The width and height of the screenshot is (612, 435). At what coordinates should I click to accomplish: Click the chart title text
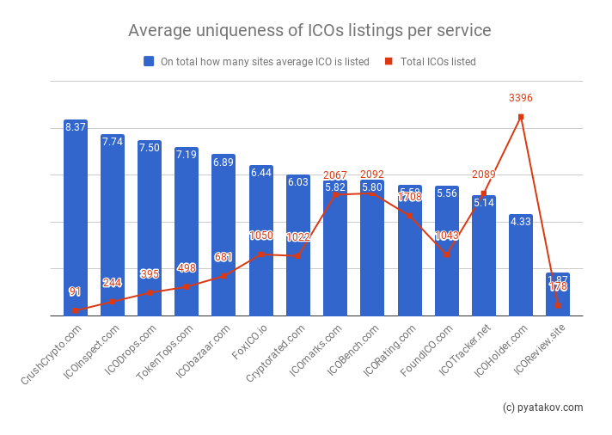pyautogui.click(x=309, y=31)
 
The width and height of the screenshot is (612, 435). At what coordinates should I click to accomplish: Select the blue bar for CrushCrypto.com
pyautogui.click(x=76, y=224)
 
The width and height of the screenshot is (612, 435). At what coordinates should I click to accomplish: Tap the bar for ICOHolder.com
pyautogui.click(x=520, y=267)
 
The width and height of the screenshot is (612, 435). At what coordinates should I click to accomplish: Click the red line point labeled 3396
pyautogui.click(x=520, y=117)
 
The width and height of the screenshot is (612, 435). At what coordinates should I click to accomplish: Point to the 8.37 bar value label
pyautogui.click(x=76, y=127)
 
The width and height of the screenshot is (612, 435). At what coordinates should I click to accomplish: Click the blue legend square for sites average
pyautogui.click(x=149, y=62)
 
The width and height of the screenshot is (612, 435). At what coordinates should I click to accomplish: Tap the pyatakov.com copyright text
pyautogui.click(x=542, y=407)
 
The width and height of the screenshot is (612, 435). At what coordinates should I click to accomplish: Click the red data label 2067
pyautogui.click(x=335, y=175)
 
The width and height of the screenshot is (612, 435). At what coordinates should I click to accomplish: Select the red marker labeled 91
pyautogui.click(x=76, y=310)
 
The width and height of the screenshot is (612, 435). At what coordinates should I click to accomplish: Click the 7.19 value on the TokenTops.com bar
pyautogui.click(x=187, y=155)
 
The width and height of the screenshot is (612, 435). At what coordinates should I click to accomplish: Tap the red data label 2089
pyautogui.click(x=483, y=175)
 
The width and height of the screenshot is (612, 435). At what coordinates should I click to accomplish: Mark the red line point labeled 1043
pyautogui.click(x=446, y=255)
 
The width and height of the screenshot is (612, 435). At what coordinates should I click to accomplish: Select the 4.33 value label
pyautogui.click(x=520, y=222)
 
